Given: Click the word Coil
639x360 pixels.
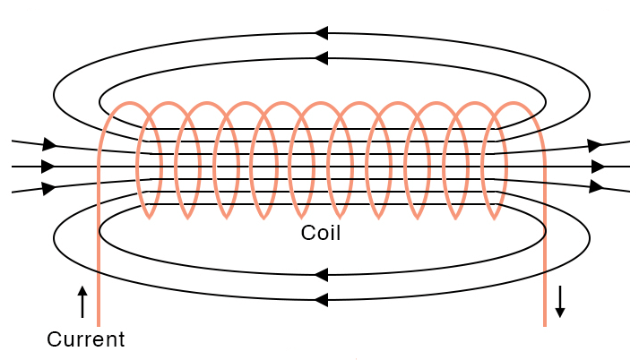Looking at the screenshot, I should pyautogui.click(x=321, y=234).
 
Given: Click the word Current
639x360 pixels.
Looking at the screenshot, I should pyautogui.click(x=85, y=339).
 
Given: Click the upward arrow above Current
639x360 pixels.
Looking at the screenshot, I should pyautogui.click(x=82, y=302).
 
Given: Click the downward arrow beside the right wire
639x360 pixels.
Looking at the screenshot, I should pyautogui.click(x=560, y=302).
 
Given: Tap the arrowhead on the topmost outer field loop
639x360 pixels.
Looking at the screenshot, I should pyautogui.click(x=321, y=33).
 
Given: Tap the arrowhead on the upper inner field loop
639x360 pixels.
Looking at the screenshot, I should pyautogui.click(x=321, y=58).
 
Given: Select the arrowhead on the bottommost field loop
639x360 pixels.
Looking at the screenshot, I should pyautogui.click(x=321, y=300).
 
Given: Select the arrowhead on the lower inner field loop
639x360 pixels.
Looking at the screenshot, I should pyautogui.click(x=321, y=275).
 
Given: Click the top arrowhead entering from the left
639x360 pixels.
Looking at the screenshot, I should pyautogui.click(x=49, y=144).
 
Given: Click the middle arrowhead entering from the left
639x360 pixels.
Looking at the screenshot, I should pyautogui.click(x=48, y=167).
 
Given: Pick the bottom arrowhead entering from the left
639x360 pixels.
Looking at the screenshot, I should pyautogui.click(x=49, y=188).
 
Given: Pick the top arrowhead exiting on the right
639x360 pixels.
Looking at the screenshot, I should pyautogui.click(x=594, y=144).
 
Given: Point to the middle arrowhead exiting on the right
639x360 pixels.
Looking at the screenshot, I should pyautogui.click(x=599, y=167).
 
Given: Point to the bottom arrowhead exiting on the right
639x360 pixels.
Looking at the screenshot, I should pyautogui.click(x=595, y=187).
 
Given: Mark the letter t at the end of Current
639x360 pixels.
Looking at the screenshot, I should pyautogui.click(x=120, y=339).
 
